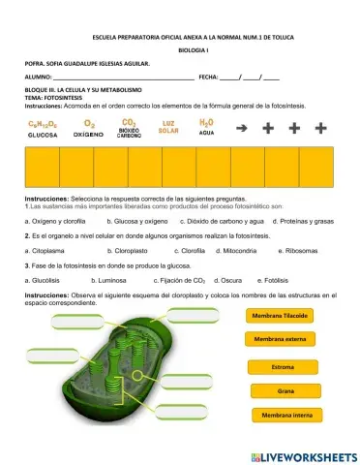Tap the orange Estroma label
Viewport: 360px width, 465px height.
283,367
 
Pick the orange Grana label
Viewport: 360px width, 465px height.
285,391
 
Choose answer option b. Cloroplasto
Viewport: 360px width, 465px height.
102,250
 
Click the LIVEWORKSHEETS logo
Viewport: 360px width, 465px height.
303,455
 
